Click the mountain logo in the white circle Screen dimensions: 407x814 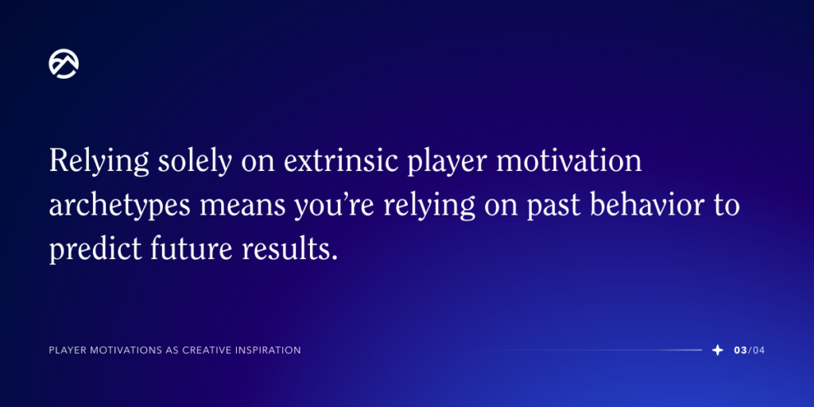point(64,64)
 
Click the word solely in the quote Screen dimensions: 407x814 point(191,162)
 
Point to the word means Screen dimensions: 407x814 point(229,206)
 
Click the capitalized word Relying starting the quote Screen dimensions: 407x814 point(99,162)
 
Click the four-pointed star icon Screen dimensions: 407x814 point(718,350)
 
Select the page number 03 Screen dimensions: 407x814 point(740,350)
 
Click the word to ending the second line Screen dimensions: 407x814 point(726,206)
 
